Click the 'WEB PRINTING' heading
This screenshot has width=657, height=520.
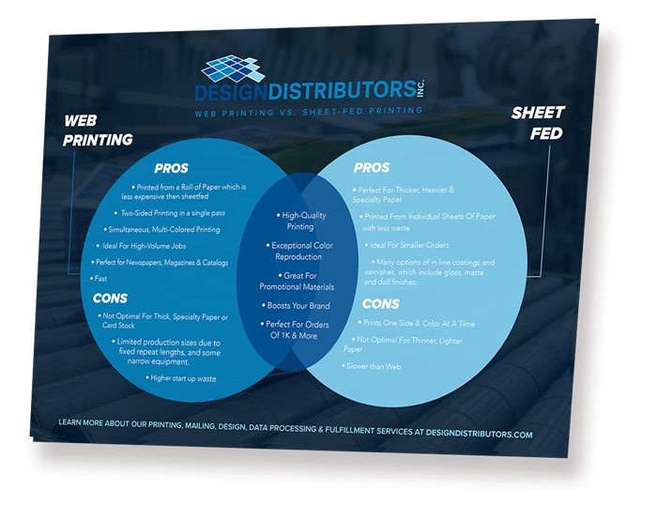coord(99,130)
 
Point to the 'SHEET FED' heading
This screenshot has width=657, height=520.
coord(539,123)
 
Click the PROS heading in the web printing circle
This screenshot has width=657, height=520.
coord(172,169)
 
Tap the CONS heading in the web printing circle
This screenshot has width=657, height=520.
coord(110,298)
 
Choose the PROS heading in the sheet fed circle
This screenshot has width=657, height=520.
coord(372,168)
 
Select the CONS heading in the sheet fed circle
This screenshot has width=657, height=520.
coord(380,304)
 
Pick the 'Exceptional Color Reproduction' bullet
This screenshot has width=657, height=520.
coord(298,251)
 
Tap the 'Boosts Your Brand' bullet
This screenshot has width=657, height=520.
coord(297,306)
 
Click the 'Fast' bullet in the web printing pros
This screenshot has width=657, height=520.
coord(99,279)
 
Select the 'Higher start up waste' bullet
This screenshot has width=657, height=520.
coord(183,378)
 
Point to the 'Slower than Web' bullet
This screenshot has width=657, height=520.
coord(372,366)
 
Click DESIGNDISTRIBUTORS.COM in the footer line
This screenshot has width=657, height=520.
coord(477,435)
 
